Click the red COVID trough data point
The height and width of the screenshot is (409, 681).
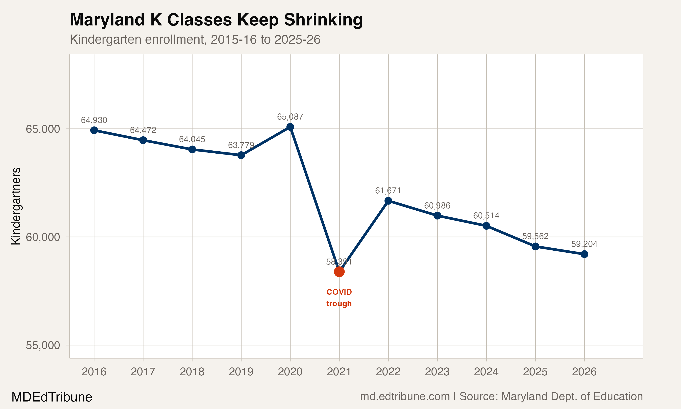(339, 272)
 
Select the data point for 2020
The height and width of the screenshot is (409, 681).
(290, 127)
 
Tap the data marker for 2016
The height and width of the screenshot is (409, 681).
(94, 130)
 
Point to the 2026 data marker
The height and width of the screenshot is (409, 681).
(584, 254)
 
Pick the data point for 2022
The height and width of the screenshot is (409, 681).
(388, 201)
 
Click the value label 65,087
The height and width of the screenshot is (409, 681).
(290, 117)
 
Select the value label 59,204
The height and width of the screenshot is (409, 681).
(584, 244)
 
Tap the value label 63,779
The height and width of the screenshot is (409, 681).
(241, 145)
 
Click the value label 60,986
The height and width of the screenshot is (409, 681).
(437, 206)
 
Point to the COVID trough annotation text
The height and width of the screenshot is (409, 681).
(339, 298)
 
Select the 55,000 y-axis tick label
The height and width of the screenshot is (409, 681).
(43, 345)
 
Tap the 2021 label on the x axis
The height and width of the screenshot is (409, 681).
(339, 372)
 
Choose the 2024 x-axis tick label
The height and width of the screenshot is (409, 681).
(486, 372)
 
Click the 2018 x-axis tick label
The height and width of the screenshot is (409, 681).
(192, 372)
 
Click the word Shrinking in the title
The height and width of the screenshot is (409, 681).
(323, 20)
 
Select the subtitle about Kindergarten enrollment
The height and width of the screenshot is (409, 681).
(195, 39)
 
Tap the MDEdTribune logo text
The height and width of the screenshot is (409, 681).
(52, 397)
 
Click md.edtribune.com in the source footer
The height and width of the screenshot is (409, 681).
(405, 397)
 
